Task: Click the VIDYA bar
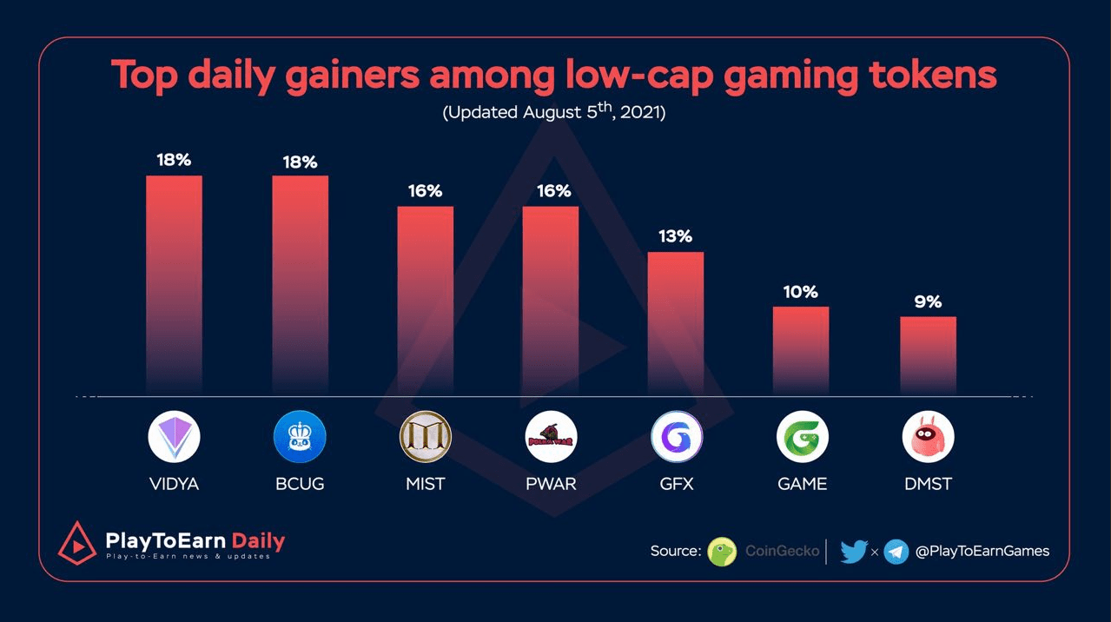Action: pyautogui.click(x=174, y=282)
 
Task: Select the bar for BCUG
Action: pyautogui.click(x=300, y=282)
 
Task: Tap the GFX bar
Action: pyautogui.click(x=676, y=321)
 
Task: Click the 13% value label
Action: pyautogui.click(x=675, y=236)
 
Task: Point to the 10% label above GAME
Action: pyautogui.click(x=800, y=292)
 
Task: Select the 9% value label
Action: pyautogui.click(x=928, y=302)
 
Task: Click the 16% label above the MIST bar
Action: pyautogui.click(x=425, y=190)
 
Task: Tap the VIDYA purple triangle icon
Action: pyautogui.click(x=174, y=436)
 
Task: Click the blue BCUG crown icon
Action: pyautogui.click(x=300, y=436)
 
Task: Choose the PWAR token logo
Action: pyautogui.click(x=551, y=436)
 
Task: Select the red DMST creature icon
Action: pyautogui.click(x=928, y=436)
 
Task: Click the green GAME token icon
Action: pyautogui.click(x=802, y=436)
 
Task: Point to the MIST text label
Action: pyautogui.click(x=425, y=484)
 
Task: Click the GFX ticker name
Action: pyautogui.click(x=676, y=484)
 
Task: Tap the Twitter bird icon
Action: pyautogui.click(x=854, y=551)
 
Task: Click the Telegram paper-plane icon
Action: pyautogui.click(x=896, y=551)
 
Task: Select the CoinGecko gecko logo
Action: pyautogui.click(x=722, y=551)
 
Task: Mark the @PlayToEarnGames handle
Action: pyautogui.click(x=982, y=551)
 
